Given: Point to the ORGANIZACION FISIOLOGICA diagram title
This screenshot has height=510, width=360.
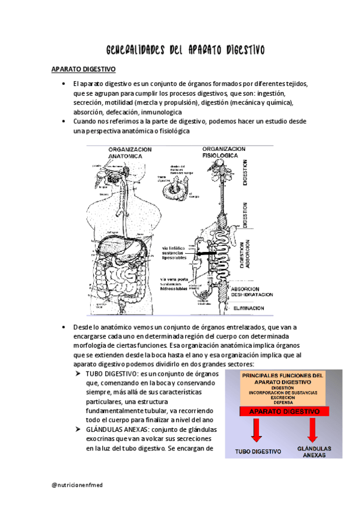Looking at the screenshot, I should [223, 153].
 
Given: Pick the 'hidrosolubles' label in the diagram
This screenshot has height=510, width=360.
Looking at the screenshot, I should [175, 288].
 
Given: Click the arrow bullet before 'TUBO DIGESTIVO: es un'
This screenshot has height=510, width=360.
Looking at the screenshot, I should [78, 373].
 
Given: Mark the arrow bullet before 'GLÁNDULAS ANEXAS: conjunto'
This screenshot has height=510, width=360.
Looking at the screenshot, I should [78, 429].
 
